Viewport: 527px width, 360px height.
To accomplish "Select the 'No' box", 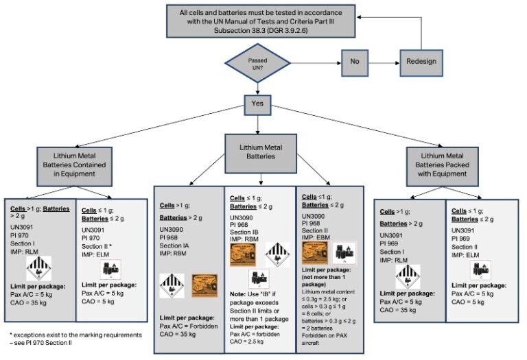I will point(355,60).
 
